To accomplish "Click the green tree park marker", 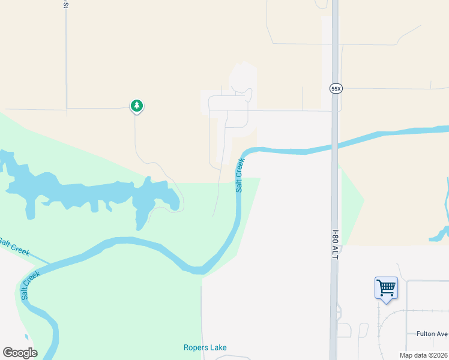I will click(137, 106).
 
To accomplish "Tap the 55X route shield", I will click(336, 88).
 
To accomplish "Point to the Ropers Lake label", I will click(205, 347).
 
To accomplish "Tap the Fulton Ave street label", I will click(432, 334).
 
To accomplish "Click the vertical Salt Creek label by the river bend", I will click(240, 175).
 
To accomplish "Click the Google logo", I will click(20, 353).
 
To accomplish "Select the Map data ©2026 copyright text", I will click(424, 355).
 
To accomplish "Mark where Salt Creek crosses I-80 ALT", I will click(334, 146).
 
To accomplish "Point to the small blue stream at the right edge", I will click(445, 231).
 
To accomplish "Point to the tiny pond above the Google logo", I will click(26, 337).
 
